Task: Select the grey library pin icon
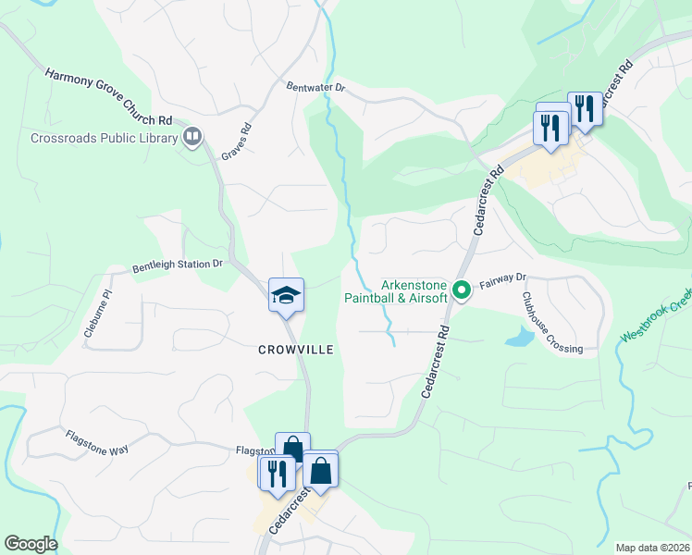click(192, 139)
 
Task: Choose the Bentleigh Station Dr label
click(178, 265)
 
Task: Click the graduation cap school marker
click(286, 296)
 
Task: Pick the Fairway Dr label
click(502, 277)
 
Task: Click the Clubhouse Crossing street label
click(551, 323)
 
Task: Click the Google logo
click(31, 544)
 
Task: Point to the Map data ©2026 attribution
click(652, 548)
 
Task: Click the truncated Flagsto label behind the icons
click(254, 451)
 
